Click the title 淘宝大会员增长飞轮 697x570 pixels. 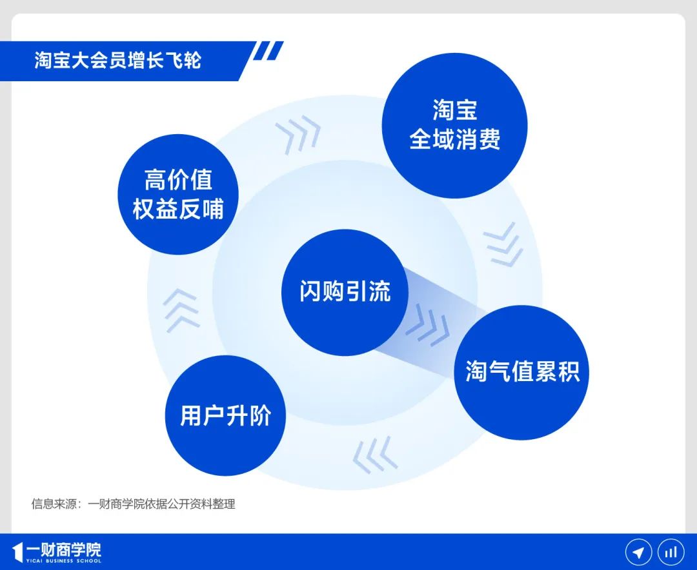[x=118, y=61]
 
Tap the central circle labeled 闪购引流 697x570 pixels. [x=345, y=292]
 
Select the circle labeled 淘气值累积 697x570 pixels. [x=521, y=372]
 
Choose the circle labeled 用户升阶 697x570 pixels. [x=225, y=415]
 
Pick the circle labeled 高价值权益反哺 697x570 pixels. [x=178, y=194]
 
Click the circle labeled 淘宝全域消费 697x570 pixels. [x=454, y=125]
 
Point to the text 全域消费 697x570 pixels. [x=454, y=139]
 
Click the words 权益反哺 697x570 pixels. [x=178, y=209]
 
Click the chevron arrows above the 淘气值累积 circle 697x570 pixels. [x=503, y=244]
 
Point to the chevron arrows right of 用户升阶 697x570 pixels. [x=375, y=455]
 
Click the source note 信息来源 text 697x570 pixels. [x=133, y=504]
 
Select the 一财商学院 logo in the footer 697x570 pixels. [x=57, y=553]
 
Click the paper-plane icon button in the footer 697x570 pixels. [x=638, y=552]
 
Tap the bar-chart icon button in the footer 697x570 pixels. [x=671, y=552]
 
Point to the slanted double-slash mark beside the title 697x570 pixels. [x=268, y=51]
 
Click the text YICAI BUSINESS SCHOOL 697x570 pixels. [x=63, y=561]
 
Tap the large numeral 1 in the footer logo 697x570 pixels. [x=17, y=553]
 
